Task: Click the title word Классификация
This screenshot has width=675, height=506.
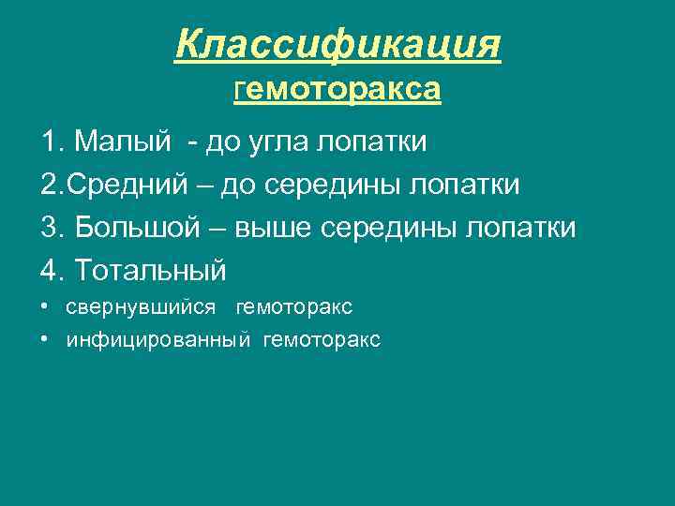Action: pos(337,44)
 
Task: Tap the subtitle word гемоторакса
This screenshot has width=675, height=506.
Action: pos(337,90)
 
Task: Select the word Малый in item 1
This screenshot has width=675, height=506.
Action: pos(123,142)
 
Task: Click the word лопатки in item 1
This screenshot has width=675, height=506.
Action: pos(372,142)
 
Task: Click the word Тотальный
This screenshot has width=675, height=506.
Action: pos(150,271)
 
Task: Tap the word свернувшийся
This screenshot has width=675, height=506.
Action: pos(141,307)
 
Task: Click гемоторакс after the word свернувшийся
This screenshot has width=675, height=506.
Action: pos(294,307)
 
